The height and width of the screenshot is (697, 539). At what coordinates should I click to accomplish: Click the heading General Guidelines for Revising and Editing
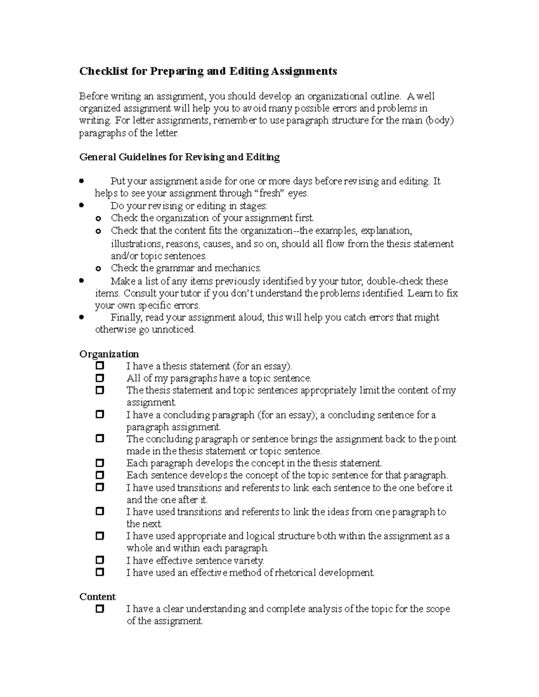coord(179,157)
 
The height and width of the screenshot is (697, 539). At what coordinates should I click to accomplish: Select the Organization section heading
coord(109,354)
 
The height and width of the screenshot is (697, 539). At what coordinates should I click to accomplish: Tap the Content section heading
coord(97,597)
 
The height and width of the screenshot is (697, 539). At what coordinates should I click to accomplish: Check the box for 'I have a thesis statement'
coord(100,366)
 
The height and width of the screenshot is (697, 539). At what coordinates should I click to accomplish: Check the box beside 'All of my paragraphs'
coord(100,378)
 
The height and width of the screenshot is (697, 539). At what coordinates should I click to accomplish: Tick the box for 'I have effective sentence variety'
coord(100,560)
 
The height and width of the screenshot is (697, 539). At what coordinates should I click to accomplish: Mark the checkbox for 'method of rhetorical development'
coord(100,572)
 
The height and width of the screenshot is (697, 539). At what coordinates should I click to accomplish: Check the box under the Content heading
coord(100,609)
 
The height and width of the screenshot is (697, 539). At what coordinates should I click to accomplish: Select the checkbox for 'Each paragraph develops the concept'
coord(100,463)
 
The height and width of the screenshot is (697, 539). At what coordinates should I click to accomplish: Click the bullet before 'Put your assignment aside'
coord(81,181)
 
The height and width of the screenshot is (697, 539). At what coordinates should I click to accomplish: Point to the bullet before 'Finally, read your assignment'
coord(81,317)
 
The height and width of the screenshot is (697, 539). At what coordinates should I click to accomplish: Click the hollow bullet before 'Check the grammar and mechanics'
coord(99,268)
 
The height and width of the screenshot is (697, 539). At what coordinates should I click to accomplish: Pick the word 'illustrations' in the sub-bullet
coord(137,244)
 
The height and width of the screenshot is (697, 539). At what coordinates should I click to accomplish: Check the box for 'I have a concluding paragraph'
coord(100,415)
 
